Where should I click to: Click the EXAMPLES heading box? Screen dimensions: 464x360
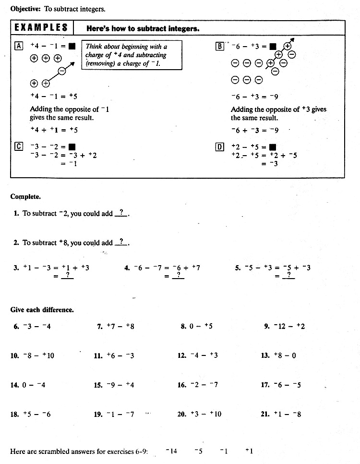41,28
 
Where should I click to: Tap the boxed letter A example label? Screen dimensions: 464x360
19,47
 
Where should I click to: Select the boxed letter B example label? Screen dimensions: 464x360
220,47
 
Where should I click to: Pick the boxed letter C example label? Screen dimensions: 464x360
19,147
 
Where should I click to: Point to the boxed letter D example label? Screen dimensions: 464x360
220,147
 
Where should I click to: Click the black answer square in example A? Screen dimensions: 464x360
72,47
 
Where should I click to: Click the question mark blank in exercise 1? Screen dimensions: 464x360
121,213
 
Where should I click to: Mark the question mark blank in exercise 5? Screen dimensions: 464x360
288,275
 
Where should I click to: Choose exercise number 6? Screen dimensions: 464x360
16,327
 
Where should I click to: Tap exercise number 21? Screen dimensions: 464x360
265,414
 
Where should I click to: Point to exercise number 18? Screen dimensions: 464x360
14,414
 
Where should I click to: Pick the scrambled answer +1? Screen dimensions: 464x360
249,451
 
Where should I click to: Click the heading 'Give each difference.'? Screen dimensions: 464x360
42,310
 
